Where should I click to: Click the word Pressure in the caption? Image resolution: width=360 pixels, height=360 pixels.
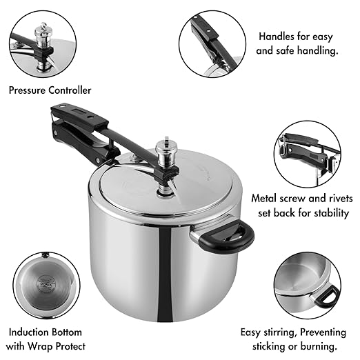click(27, 90)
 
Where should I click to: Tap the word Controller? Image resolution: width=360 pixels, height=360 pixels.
click(70, 90)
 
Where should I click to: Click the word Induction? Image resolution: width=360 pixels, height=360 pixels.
click(29, 332)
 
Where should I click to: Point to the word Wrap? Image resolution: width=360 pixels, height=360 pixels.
click(40, 346)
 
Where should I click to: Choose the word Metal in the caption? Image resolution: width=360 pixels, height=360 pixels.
click(263, 199)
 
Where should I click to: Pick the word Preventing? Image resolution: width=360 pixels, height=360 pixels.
click(323, 333)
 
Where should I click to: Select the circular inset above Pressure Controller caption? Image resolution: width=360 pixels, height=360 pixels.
click(43, 44)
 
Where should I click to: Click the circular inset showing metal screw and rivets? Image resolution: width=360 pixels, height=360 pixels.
click(308, 154)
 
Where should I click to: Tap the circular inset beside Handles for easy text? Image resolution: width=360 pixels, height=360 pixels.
click(212, 44)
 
